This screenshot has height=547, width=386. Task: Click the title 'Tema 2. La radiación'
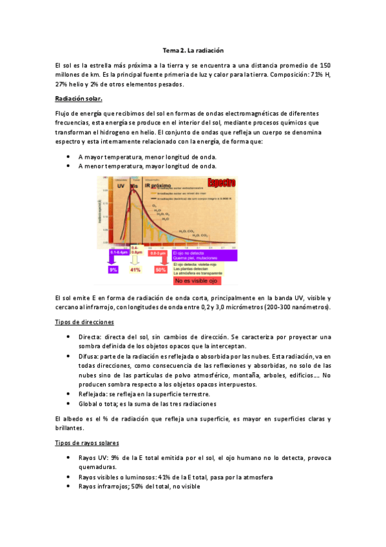click(193, 50)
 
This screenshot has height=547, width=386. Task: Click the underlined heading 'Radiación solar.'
click(79, 98)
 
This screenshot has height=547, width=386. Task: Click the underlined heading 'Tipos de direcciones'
click(84, 321)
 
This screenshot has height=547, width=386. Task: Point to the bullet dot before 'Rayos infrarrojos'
click(69, 486)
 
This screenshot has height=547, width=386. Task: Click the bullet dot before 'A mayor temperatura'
click(69, 157)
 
